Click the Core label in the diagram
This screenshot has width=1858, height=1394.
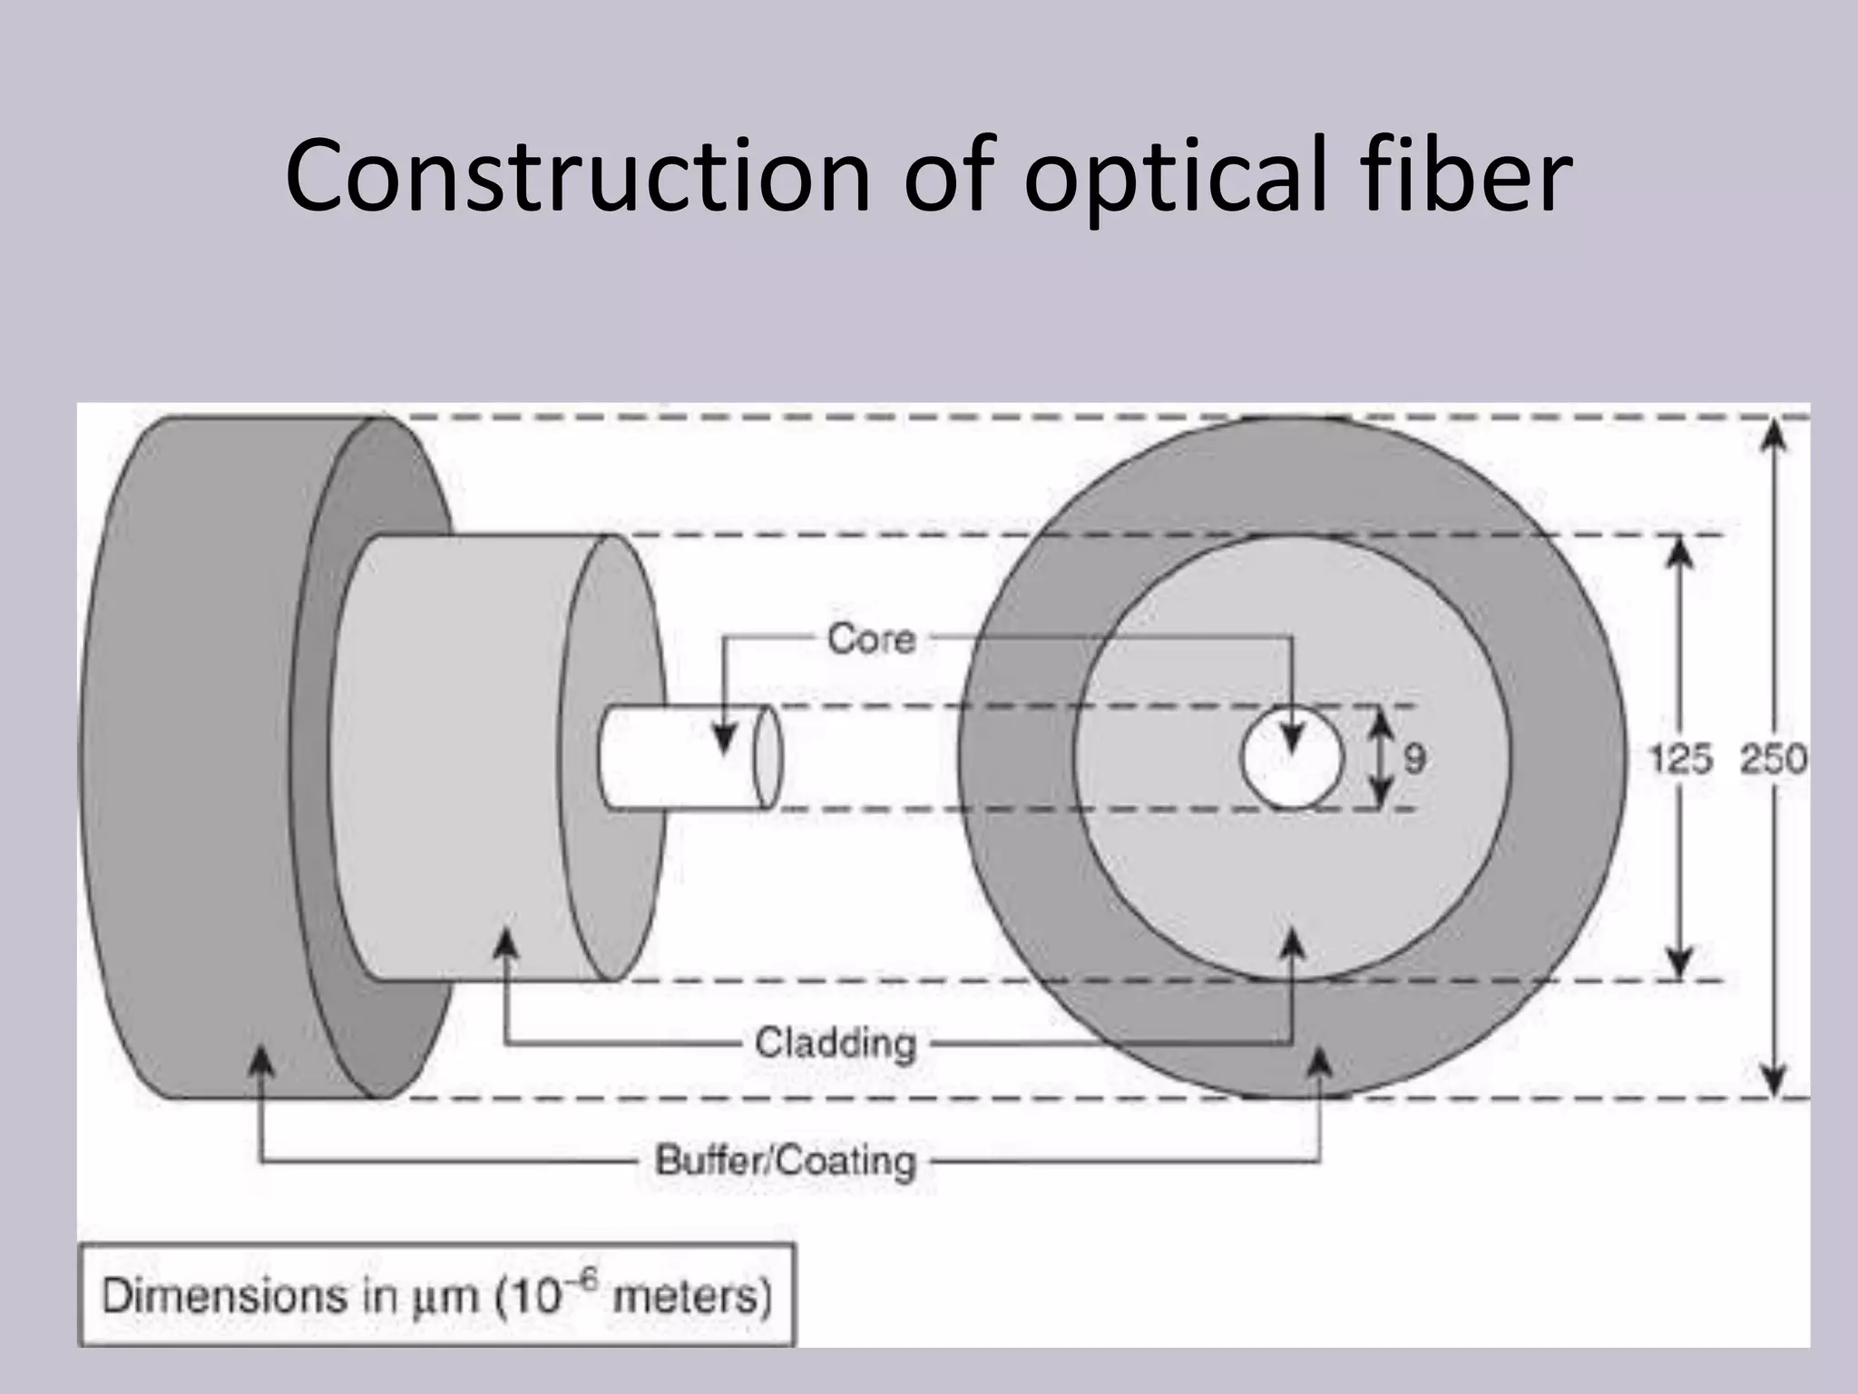click(x=871, y=640)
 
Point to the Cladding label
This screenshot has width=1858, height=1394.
click(x=836, y=1043)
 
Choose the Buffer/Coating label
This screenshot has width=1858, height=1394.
click(x=786, y=1161)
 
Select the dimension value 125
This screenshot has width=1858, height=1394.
click(x=1680, y=759)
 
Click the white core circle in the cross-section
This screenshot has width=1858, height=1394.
click(x=1291, y=767)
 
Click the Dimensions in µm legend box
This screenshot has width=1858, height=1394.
click(x=437, y=1295)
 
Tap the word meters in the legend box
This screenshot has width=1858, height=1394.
click(x=691, y=1296)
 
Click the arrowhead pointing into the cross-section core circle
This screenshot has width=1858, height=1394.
click(x=1292, y=740)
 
